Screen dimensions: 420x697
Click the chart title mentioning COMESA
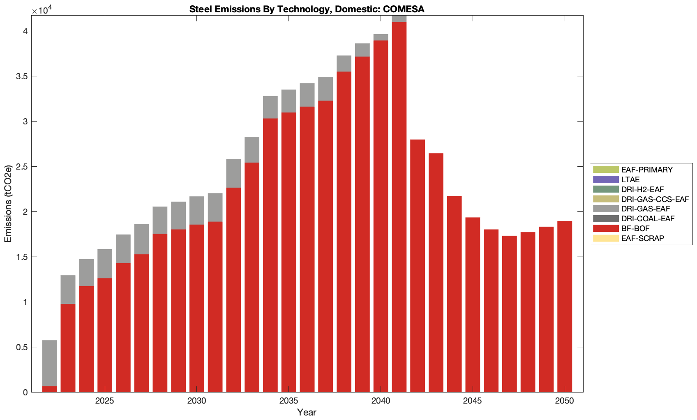click(307, 9)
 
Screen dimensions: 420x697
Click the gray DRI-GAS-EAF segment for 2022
click(50, 363)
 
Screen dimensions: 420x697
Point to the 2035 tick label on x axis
click(288, 401)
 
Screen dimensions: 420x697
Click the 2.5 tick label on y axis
click(22, 167)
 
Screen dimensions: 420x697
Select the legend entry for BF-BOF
click(635, 229)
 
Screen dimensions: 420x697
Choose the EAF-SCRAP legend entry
click(642, 239)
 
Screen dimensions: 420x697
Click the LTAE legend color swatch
click(606, 179)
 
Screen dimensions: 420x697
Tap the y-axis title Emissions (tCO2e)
click(8, 204)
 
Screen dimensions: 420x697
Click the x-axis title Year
click(307, 413)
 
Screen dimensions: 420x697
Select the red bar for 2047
click(510, 314)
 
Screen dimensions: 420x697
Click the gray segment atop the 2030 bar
click(197, 210)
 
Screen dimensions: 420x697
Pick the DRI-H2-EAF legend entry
click(642, 189)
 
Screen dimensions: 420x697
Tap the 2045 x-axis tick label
click(473, 401)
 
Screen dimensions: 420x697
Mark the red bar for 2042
click(418, 266)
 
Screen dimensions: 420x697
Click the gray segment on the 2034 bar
click(270, 107)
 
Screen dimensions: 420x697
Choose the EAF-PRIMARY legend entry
click(646, 170)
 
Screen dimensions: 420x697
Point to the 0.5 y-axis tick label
click(22, 347)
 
